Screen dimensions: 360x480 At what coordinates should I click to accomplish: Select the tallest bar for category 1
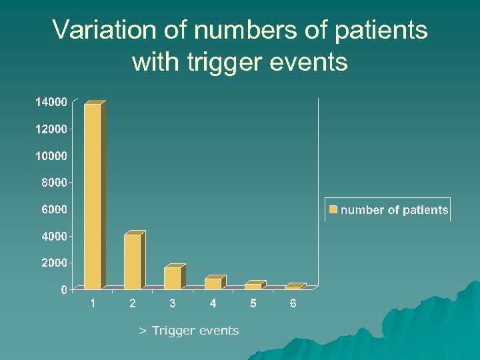pyautogui.click(x=93, y=196)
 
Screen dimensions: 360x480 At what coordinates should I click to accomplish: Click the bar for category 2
pyautogui.click(x=133, y=261)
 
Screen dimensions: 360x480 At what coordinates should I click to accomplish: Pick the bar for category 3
pyautogui.click(x=173, y=278)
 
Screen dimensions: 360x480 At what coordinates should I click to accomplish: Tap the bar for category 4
pyautogui.click(x=213, y=283)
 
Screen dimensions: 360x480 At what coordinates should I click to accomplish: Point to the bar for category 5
pyautogui.click(x=253, y=286)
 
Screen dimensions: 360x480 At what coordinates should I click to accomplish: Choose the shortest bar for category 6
pyautogui.click(x=293, y=287)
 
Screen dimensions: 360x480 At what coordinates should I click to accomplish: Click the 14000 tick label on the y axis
pyautogui.click(x=51, y=102)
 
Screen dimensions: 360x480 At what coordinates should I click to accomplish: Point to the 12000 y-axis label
pyautogui.click(x=51, y=129)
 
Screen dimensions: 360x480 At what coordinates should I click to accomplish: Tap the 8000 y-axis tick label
pyautogui.click(x=53, y=182)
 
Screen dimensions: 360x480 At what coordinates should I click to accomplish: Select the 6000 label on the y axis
pyautogui.click(x=53, y=209)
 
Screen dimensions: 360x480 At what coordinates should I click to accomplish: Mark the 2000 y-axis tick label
pyautogui.click(x=53, y=263)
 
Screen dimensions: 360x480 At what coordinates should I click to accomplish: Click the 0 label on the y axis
pyautogui.click(x=64, y=289)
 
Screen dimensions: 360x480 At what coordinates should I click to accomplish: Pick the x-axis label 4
pyautogui.click(x=213, y=304)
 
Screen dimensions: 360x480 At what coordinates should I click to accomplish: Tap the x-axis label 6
pyautogui.click(x=293, y=304)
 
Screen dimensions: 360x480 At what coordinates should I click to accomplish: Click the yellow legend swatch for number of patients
pyautogui.click(x=333, y=210)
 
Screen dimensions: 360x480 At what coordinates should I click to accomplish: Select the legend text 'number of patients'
pyautogui.click(x=394, y=210)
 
